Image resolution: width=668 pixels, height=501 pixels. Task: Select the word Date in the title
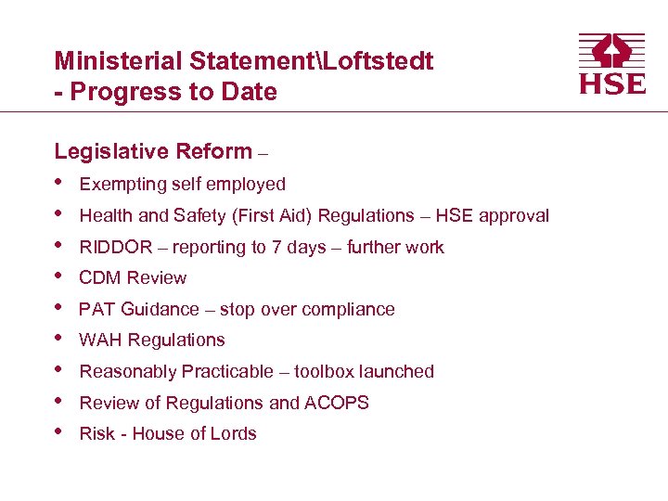coord(252,92)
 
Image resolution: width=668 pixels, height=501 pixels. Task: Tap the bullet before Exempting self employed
coord(60,182)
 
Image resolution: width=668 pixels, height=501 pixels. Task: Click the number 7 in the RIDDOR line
coord(277,247)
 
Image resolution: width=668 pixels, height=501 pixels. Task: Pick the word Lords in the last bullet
coord(234,433)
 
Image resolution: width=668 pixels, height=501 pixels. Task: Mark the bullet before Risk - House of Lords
coord(60,431)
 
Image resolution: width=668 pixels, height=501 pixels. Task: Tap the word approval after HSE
coord(515,215)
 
